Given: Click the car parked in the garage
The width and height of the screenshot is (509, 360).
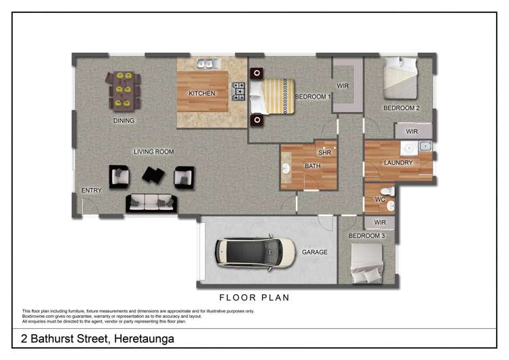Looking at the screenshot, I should point(256,252).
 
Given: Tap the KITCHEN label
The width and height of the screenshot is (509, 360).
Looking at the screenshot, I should point(202,94).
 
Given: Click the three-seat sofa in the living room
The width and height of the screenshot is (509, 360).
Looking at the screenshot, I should point(151,202).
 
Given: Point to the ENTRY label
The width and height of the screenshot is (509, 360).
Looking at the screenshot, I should point(91,191).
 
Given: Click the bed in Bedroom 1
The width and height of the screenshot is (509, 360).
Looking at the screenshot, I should point(271,96).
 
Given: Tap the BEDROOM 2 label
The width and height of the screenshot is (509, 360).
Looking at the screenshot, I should point(401,108).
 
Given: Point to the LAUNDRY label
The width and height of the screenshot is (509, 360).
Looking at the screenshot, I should point(398,163).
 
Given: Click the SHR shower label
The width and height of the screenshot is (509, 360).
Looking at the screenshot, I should point(324,153).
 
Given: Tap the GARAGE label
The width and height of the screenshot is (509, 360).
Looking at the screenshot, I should point(315,252).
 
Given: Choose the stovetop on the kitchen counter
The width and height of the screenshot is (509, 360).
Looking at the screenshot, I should point(239,91).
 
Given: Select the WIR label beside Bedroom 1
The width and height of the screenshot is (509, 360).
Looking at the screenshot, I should point(343,86).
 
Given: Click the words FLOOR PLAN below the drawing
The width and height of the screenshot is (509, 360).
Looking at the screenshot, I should point(254,298).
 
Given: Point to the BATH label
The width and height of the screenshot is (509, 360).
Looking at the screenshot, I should point(312,166).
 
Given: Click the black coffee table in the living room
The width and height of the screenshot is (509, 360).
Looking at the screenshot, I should point(153,176).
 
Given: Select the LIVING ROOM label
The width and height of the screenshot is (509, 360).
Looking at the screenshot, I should point(153,151).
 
